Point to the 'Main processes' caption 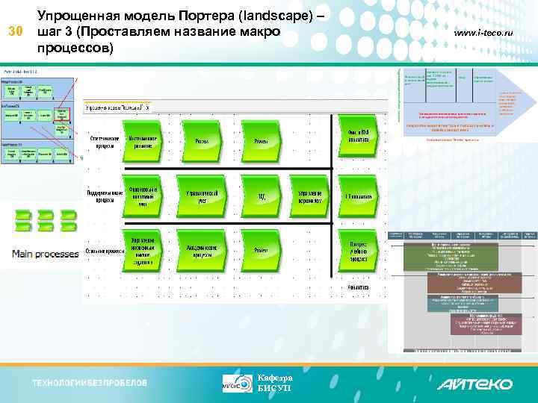(45, 254)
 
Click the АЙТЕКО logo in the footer (474, 384)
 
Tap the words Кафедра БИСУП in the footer (274, 383)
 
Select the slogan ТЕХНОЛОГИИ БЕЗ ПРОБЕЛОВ (89, 384)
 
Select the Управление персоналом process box (309, 196)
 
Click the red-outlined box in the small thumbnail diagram (63, 114)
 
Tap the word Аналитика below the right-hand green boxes (358, 287)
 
